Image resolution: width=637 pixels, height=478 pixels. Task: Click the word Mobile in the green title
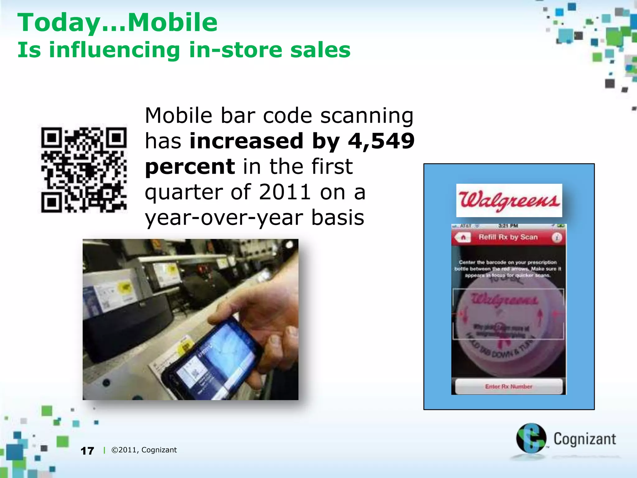173,22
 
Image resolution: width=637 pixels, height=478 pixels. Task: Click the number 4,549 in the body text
381,141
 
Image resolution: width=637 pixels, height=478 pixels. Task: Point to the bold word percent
190,167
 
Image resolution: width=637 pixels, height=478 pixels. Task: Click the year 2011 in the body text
285,192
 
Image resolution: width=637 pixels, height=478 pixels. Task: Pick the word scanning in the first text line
367,116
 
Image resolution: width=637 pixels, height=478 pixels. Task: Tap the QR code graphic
84,170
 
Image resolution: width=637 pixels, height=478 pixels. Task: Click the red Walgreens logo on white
509,200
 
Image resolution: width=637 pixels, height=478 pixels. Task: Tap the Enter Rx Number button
509,387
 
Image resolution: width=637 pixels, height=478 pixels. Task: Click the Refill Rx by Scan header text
508,237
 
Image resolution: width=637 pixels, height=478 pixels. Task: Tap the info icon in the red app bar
557,238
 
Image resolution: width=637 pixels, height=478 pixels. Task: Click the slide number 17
87,451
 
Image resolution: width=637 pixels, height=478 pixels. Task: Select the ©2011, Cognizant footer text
144,450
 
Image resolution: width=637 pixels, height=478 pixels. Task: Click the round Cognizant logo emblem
531,438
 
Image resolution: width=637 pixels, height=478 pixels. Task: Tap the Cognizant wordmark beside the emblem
584,439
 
